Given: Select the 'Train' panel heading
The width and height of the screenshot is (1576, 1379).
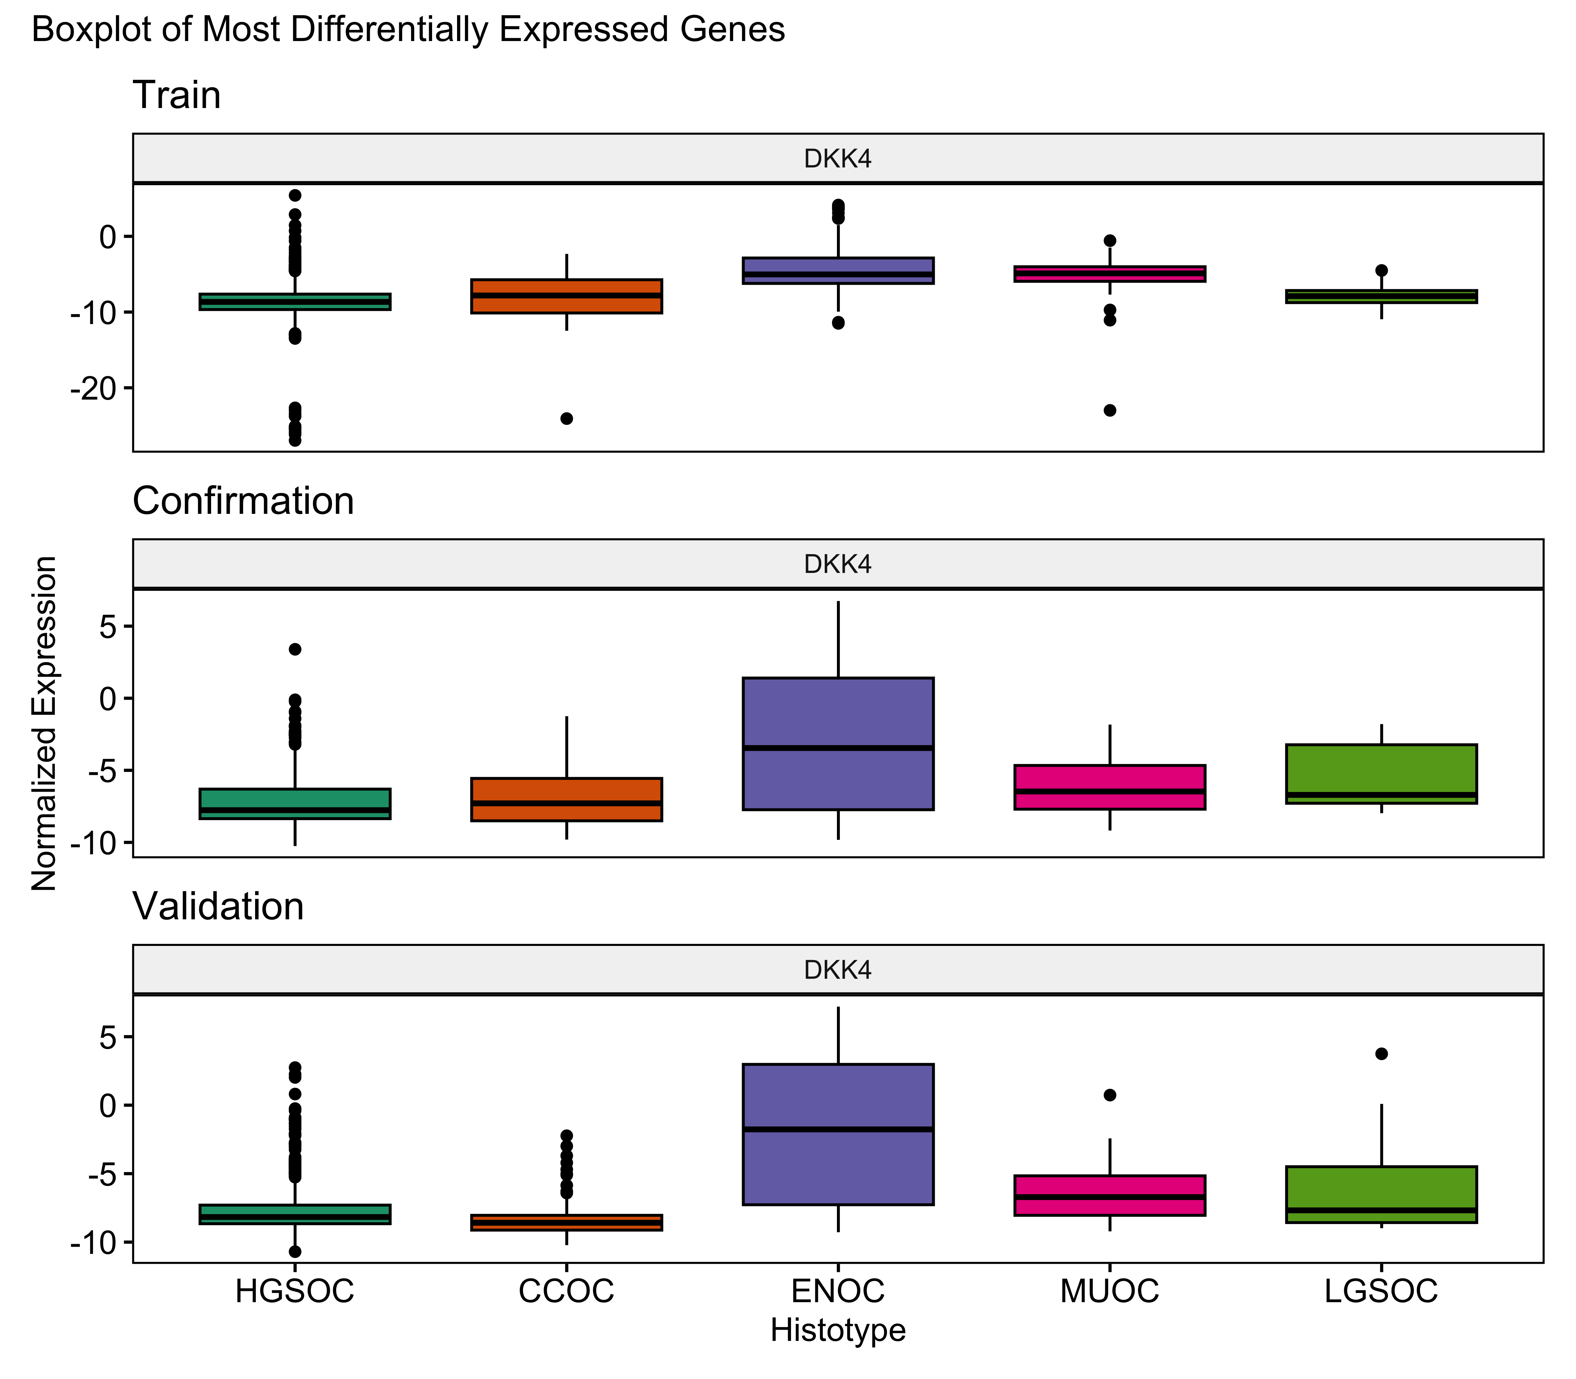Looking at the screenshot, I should [x=177, y=96].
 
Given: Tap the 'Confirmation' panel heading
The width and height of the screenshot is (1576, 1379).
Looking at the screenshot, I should [x=243, y=501].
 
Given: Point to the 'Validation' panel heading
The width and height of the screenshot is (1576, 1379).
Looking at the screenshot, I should [x=219, y=907].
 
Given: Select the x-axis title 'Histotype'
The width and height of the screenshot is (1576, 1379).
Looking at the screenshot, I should [x=838, y=1330].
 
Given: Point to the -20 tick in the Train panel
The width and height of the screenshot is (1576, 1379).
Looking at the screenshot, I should [x=91, y=388].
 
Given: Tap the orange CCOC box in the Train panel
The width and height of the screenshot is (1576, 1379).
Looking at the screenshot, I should [x=566, y=296].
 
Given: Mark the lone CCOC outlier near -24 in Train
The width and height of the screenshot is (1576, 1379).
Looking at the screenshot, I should [x=566, y=419].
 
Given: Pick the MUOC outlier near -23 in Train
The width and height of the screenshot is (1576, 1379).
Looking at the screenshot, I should [x=1110, y=410].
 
